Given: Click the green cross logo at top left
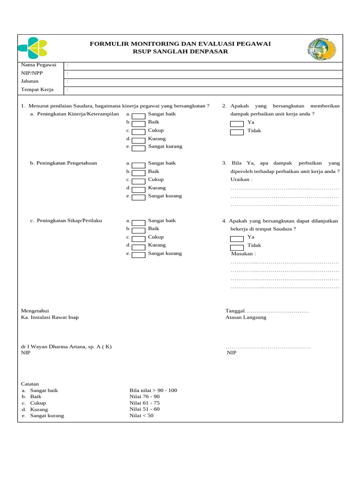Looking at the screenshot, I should [33, 48].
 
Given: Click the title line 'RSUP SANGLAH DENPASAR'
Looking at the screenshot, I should [180, 52].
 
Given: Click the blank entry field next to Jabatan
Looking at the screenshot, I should [206, 82].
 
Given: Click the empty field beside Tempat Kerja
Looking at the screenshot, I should [206, 90].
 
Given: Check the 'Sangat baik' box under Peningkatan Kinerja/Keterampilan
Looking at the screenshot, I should [138, 115].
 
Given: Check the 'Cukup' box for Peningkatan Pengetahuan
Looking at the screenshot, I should [138, 180].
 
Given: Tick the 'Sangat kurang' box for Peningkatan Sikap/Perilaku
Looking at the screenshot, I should [138, 255].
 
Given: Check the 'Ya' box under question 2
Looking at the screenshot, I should [237, 124].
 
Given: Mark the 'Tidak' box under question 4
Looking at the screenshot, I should [237, 247].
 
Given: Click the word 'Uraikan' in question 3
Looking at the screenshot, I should [241, 180].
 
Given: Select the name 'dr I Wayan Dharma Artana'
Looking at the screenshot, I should [56, 346].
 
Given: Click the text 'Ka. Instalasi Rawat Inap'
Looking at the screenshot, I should [50, 317].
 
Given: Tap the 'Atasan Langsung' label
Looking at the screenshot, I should [246, 317].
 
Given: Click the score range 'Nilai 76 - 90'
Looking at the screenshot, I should [144, 397].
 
